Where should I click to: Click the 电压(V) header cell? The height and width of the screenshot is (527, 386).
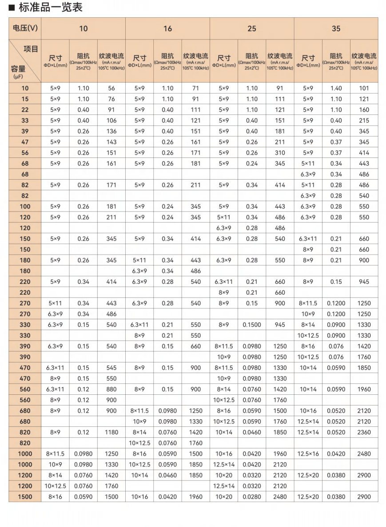point(25,28)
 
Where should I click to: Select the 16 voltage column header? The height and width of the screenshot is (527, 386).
point(167,28)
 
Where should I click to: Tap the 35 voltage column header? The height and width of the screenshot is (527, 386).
point(336,28)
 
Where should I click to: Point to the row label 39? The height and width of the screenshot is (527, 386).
point(25,131)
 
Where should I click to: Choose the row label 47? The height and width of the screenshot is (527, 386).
point(25,142)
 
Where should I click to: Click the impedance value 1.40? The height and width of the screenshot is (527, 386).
point(336,88)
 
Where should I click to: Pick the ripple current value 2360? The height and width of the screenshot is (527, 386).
point(364,432)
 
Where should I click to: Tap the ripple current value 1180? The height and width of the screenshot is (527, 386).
point(111,432)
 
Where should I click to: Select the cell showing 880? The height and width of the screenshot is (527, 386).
point(111,389)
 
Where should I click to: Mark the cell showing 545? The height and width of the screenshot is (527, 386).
point(111,368)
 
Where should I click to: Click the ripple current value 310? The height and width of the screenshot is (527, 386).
point(280,153)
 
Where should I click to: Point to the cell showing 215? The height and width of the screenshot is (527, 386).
point(364,120)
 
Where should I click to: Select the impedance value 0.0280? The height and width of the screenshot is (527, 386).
point(252,497)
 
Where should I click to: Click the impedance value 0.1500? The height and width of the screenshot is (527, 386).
point(252,325)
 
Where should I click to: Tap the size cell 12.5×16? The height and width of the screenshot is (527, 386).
point(308,454)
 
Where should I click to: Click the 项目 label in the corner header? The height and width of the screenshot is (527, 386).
point(31,49)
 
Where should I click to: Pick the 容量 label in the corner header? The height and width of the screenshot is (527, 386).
point(18,69)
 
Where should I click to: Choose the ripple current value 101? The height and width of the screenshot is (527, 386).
point(364,88)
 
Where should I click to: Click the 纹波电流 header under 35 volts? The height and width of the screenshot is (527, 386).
point(364,56)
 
